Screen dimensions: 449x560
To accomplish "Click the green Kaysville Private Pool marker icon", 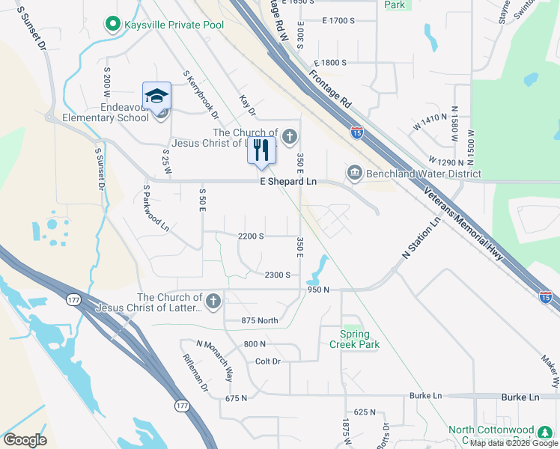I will tap(113, 25).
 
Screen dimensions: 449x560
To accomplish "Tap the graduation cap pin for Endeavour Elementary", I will tap(157, 97).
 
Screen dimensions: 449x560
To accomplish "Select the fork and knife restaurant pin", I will tap(261, 150).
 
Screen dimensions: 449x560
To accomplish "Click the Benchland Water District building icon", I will tap(354, 174).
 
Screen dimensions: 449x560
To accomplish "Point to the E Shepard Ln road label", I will tap(288, 182).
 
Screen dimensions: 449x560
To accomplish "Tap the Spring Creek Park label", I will tap(354, 340).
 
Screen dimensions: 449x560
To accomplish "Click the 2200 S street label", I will tap(251, 236).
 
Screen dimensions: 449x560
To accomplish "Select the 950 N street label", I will tap(317, 290).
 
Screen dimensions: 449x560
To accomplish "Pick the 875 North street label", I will tap(260, 321).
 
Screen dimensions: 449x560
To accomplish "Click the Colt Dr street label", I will tap(267, 361).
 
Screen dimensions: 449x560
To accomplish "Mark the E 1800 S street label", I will tap(330, 64).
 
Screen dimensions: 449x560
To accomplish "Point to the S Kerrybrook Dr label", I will tap(201, 95).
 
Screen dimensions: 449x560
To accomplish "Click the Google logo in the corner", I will tap(25, 440).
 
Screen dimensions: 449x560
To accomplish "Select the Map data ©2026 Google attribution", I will tap(514, 443).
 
